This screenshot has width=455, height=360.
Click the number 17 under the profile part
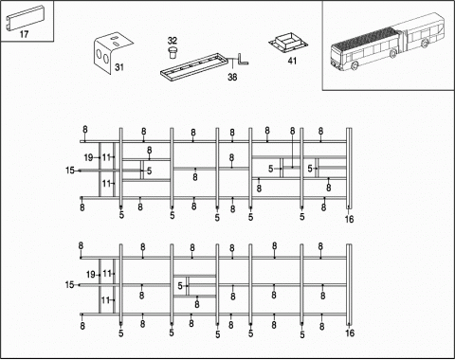[x=24, y=35]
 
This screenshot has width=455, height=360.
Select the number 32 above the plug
[x=172, y=41]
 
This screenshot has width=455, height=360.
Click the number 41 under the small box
[x=292, y=61]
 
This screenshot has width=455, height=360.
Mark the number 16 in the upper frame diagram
[x=349, y=219]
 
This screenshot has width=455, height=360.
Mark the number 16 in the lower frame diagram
[x=349, y=333]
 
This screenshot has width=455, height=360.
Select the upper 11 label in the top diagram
[x=107, y=157]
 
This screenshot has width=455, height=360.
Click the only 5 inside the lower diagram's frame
[x=180, y=285]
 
